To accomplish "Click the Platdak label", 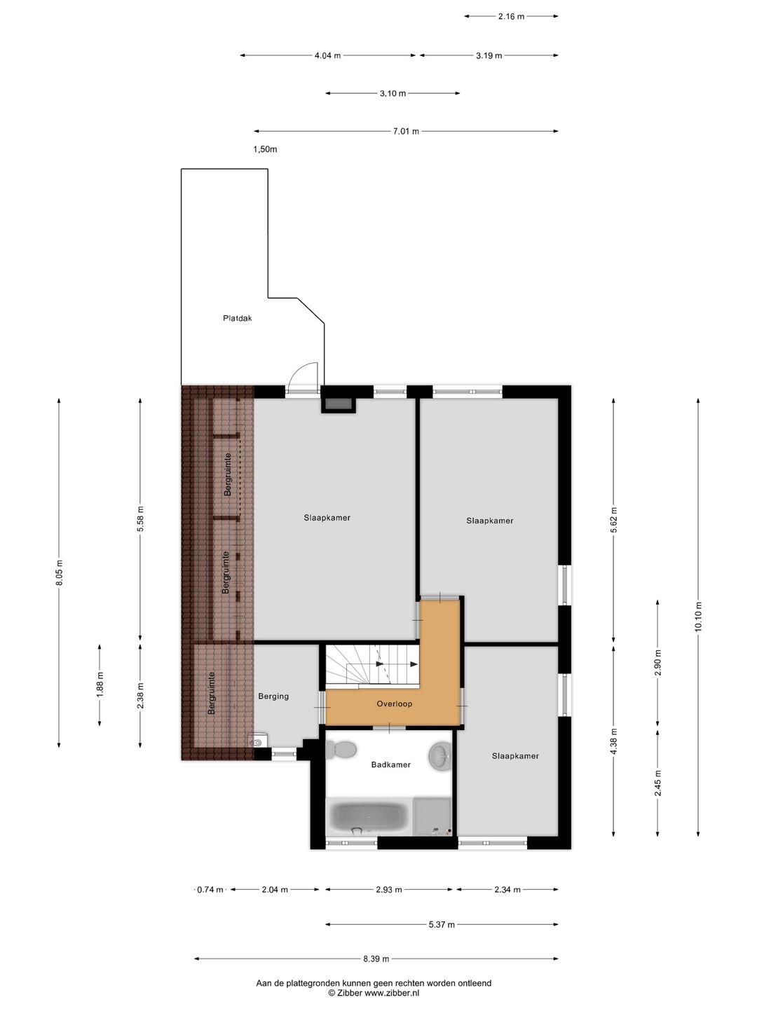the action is (237, 318).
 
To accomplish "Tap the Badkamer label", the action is (390, 764).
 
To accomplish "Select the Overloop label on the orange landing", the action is (395, 703).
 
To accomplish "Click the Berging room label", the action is (273, 696).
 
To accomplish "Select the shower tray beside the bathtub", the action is (432, 816).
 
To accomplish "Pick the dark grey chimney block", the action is (339, 404).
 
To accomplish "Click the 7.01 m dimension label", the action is (406, 132).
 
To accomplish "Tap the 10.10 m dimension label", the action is (698, 617).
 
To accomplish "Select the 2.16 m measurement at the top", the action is (511, 17).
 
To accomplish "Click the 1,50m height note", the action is (265, 149).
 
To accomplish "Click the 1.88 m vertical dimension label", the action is (100, 685).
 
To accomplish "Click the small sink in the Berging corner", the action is (256, 741).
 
